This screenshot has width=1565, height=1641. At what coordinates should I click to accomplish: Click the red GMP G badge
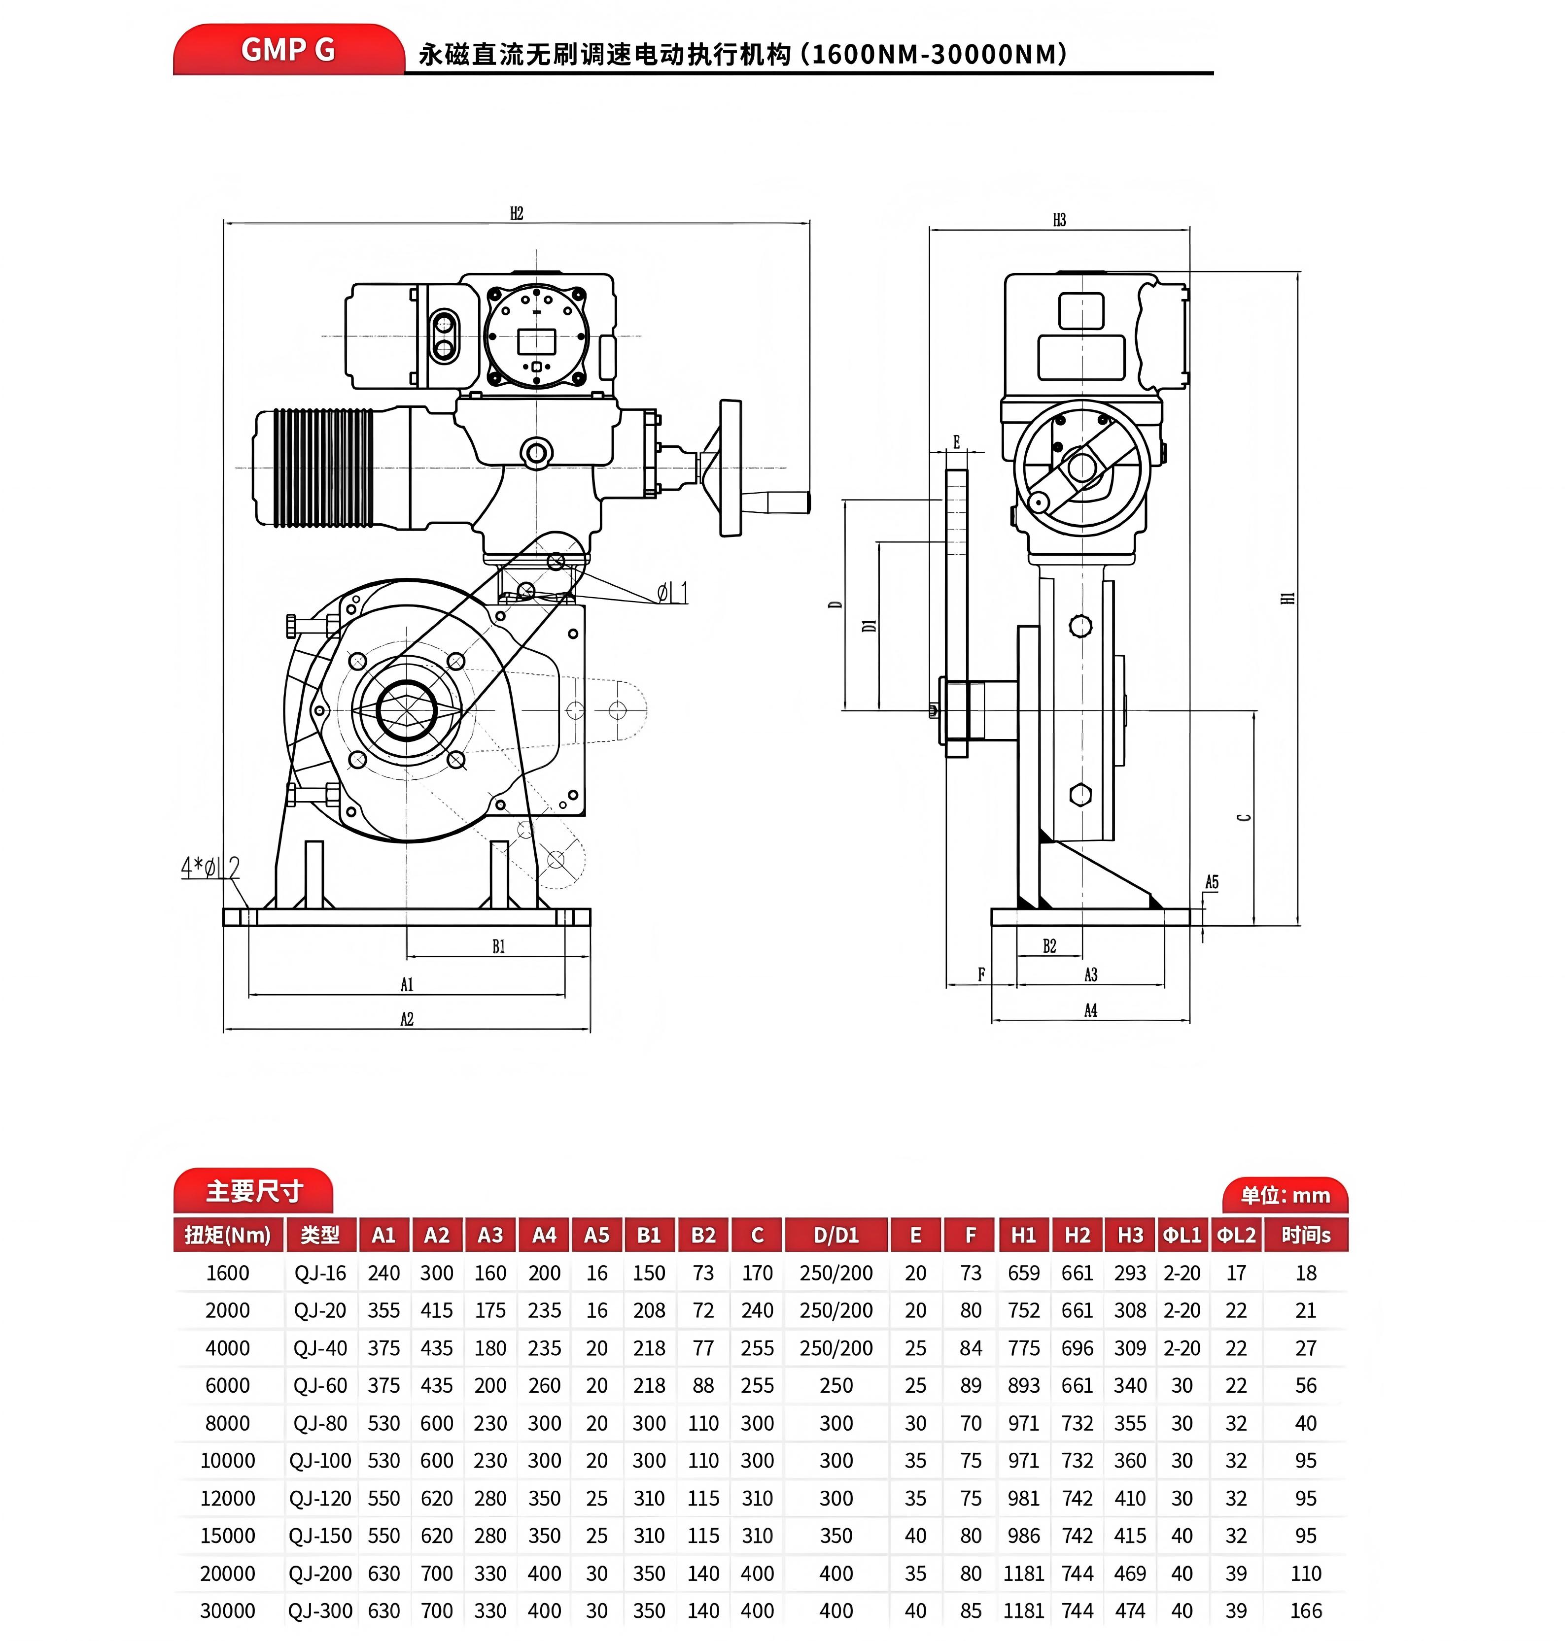pyautogui.click(x=288, y=50)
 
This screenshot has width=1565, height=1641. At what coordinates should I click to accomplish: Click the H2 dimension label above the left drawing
pyautogui.click(x=517, y=213)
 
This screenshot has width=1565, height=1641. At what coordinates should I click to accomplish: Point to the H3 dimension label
pyautogui.click(x=1059, y=220)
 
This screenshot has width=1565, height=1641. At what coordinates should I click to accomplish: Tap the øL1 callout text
pyautogui.click(x=672, y=593)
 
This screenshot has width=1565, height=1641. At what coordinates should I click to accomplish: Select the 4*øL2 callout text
pyautogui.click(x=210, y=868)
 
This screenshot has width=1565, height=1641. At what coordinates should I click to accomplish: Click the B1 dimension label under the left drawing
pyautogui.click(x=498, y=946)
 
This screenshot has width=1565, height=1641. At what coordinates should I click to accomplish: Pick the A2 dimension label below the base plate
pyautogui.click(x=406, y=1019)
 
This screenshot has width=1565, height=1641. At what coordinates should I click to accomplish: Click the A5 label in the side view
pyautogui.click(x=1211, y=882)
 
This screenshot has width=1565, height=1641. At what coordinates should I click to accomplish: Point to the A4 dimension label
pyautogui.click(x=1090, y=1010)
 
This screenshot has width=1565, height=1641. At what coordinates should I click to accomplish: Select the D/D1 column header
pyautogui.click(x=836, y=1235)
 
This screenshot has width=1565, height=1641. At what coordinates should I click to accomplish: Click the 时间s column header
pyautogui.click(x=1306, y=1235)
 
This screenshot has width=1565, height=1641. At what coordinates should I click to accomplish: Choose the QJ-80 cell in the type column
pyautogui.click(x=320, y=1423)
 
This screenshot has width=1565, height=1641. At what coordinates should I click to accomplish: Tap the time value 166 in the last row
pyautogui.click(x=1306, y=1610)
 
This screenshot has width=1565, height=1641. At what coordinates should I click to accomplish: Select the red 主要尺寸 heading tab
pyautogui.click(x=253, y=1191)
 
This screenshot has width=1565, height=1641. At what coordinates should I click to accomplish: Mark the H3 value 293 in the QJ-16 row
pyautogui.click(x=1130, y=1273)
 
